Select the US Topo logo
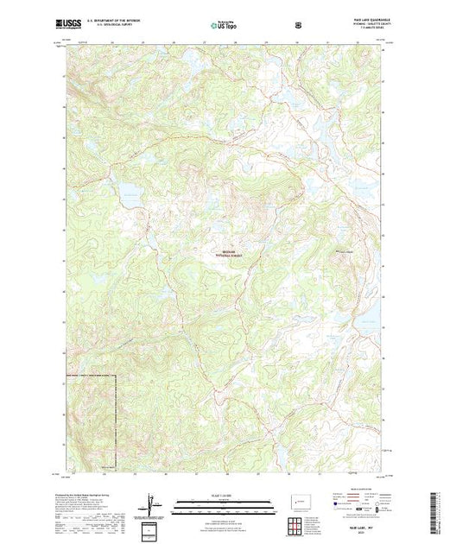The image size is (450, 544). click(224, 25)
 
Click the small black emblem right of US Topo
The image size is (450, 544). click(299, 25)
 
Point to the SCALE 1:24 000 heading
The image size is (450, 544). click(216, 495)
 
